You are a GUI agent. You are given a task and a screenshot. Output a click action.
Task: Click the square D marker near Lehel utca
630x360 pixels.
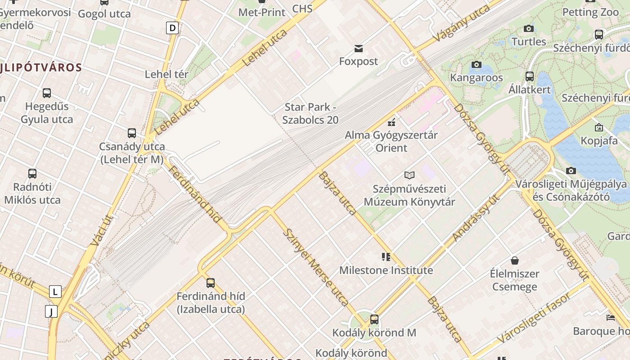click(x=172, y=28)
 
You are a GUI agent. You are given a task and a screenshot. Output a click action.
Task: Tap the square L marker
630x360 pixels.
click(x=55, y=292)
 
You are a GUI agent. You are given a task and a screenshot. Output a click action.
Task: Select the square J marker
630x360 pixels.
click(x=51, y=311)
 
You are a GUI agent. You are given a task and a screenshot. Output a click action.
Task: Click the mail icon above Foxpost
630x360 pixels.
click(x=359, y=48)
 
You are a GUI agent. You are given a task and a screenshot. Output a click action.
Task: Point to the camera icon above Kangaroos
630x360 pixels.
click(x=476, y=65)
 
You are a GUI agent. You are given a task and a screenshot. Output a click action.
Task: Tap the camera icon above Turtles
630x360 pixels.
click(x=529, y=29)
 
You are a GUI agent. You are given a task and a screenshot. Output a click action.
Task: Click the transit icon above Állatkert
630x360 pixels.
click(x=529, y=76)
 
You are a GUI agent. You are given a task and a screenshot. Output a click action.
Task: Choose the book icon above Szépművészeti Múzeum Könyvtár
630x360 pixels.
click(x=409, y=175)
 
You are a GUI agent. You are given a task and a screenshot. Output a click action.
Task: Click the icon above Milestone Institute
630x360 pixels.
click(x=386, y=257)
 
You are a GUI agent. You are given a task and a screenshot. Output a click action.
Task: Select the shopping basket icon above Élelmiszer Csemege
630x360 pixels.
click(x=515, y=261)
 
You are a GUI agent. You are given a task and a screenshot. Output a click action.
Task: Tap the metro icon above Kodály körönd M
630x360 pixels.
click(x=374, y=319)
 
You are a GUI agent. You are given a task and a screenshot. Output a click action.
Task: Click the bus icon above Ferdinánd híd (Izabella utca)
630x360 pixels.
click(x=210, y=283)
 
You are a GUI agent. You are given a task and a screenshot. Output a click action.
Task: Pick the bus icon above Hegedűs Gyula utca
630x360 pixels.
click(x=47, y=93)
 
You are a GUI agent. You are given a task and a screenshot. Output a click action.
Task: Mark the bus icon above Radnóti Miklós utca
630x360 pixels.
click(x=32, y=174)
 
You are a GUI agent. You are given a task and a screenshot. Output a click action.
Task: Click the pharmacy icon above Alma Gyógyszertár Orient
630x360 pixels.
click(x=391, y=121)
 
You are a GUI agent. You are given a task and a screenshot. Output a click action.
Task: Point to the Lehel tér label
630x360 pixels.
click(x=166, y=74)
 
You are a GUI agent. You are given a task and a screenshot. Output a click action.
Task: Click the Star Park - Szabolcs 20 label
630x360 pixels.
click(x=310, y=113)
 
